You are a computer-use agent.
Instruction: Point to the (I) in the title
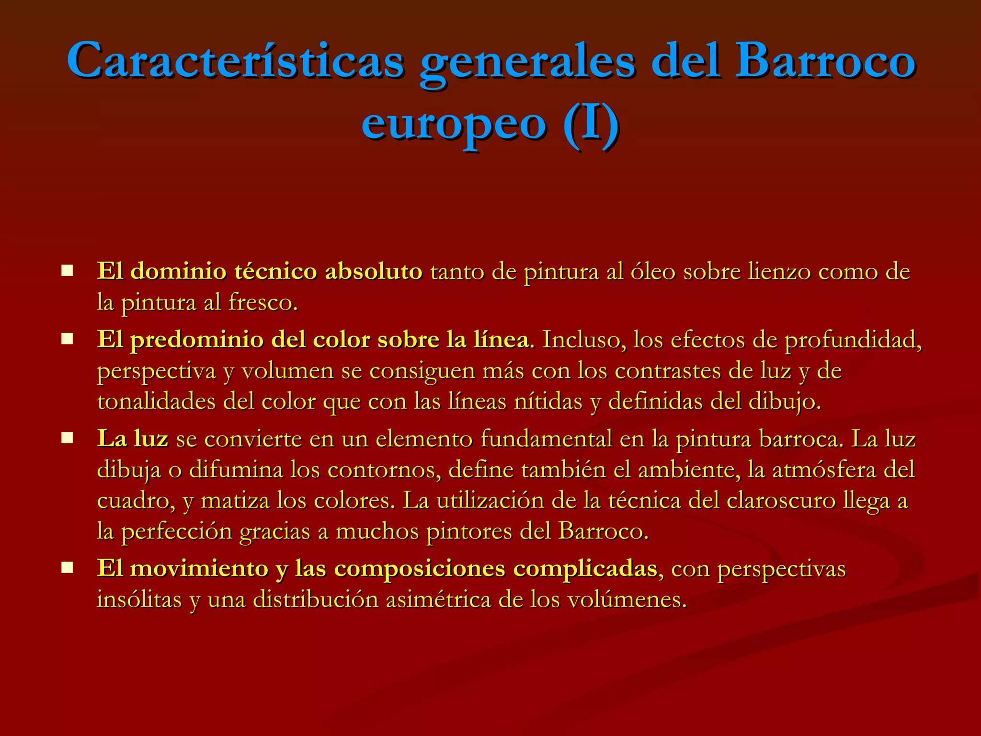click(591, 124)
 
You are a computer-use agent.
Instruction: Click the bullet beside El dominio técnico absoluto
click(67, 271)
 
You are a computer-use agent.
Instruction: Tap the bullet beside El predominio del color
click(67, 340)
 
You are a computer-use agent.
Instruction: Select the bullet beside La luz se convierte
click(67, 438)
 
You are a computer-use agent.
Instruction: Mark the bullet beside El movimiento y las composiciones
click(67, 568)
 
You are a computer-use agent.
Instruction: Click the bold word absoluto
click(374, 272)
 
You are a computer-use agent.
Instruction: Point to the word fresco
click(262, 303)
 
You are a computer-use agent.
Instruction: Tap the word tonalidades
click(157, 402)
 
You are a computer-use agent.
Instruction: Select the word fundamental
click(546, 439)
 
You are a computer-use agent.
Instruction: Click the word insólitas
click(139, 600)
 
